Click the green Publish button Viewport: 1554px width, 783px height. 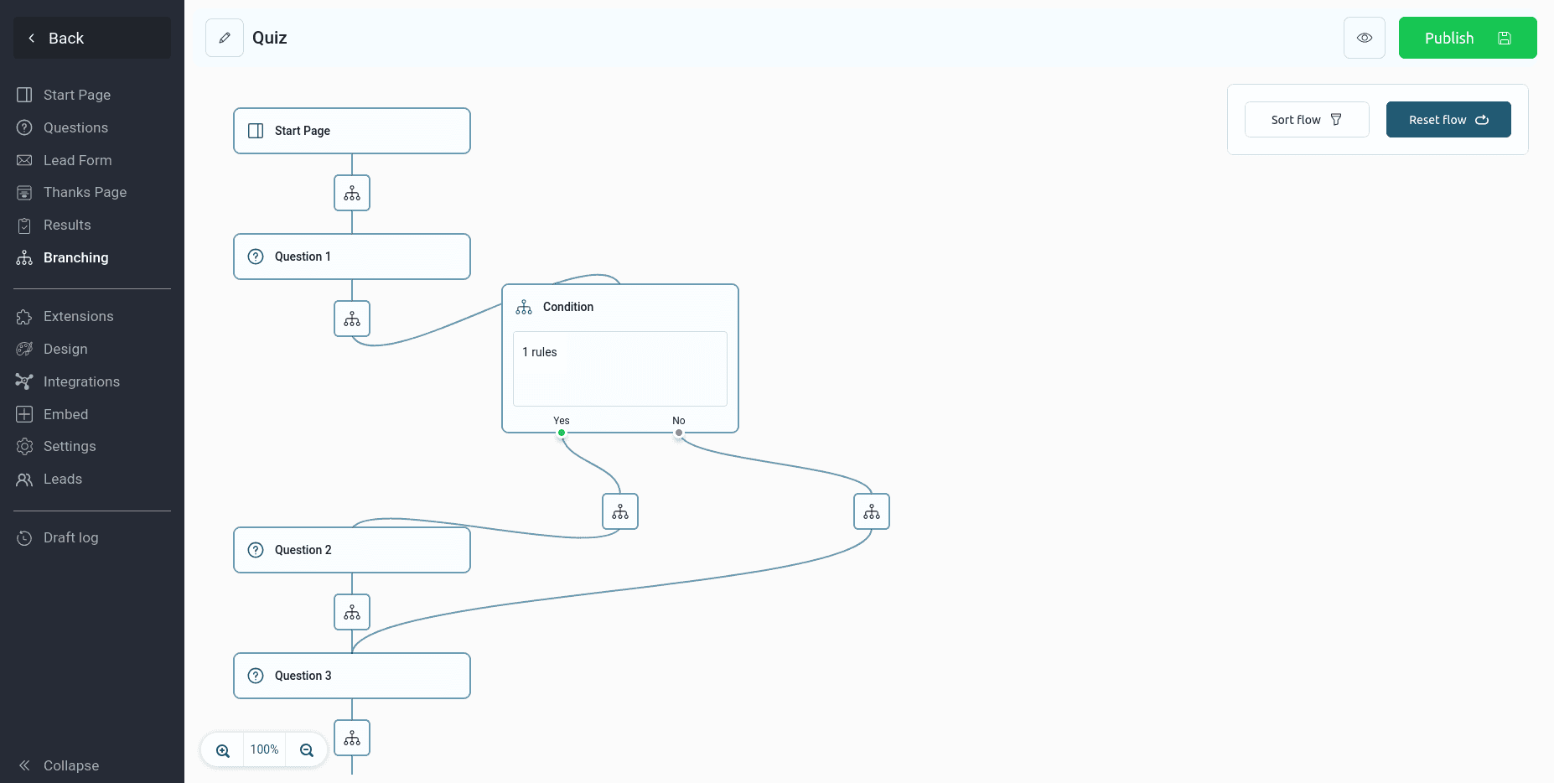[1467, 38]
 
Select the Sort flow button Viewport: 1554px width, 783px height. [1307, 120]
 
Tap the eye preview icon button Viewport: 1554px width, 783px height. [1365, 38]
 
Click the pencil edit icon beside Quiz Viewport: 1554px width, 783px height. [225, 38]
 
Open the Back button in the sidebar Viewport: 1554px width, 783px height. [92, 38]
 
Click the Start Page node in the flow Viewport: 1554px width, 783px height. [352, 131]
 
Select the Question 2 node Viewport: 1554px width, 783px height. [352, 550]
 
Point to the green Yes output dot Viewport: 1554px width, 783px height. [562, 433]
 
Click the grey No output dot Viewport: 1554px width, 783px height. [679, 433]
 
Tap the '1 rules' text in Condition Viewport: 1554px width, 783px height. [540, 352]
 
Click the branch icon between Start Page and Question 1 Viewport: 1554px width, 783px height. [352, 193]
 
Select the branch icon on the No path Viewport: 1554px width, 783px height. [872, 511]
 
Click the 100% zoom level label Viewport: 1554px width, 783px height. [264, 749]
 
